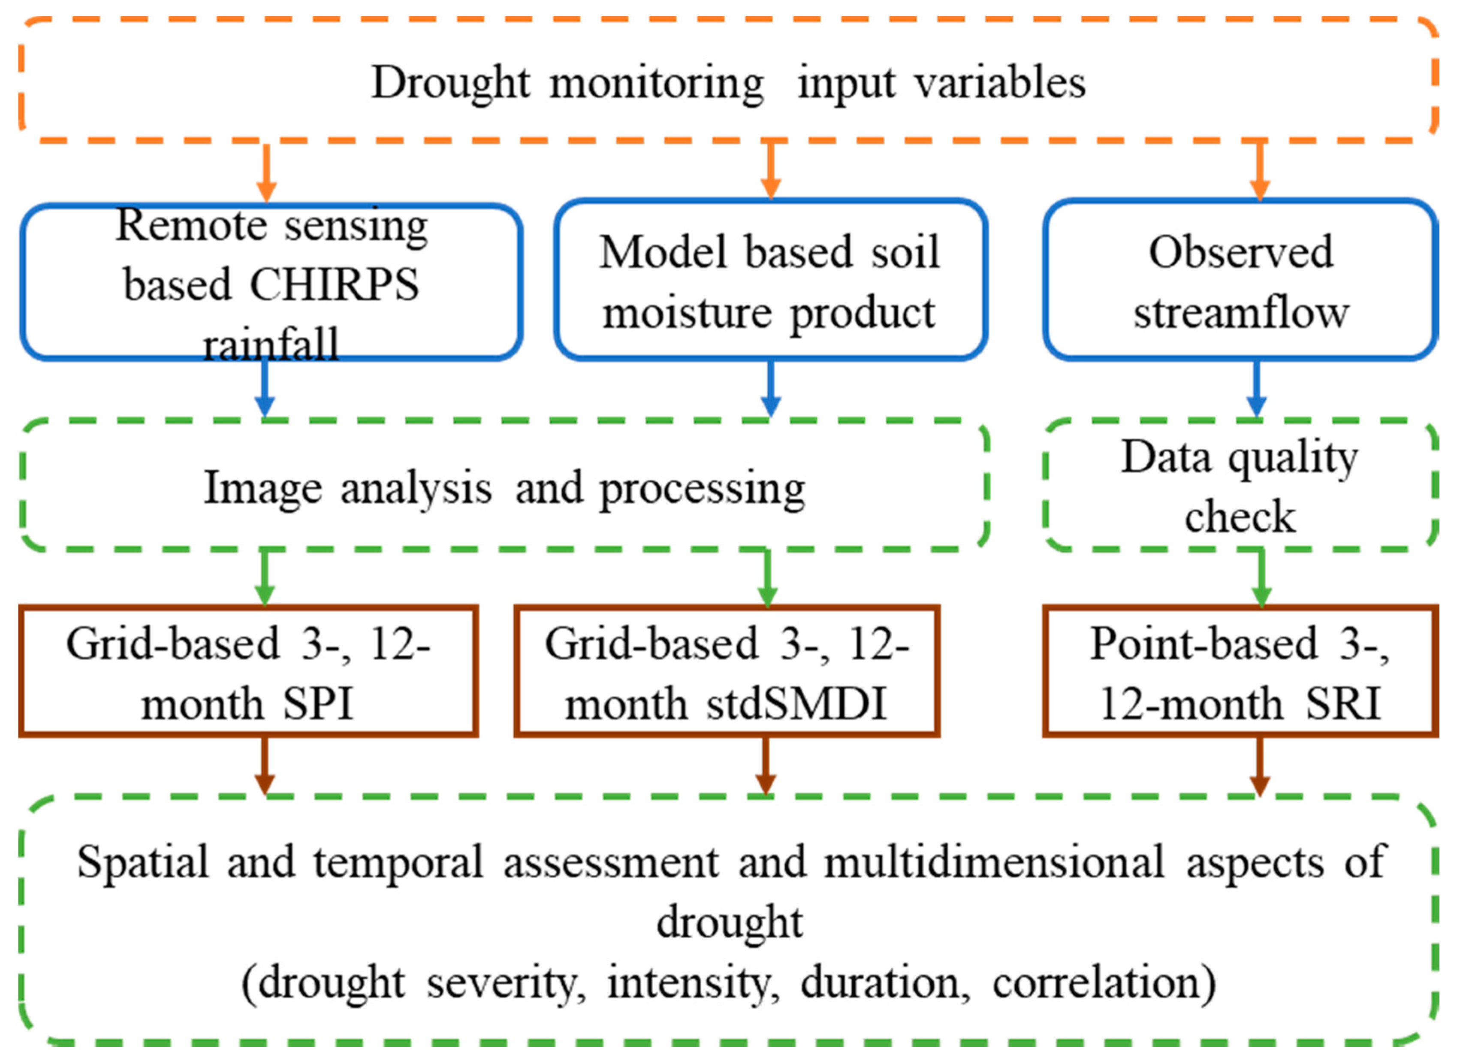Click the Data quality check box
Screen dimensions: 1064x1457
click(x=1240, y=486)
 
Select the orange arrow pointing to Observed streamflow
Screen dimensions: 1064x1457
click(x=1260, y=171)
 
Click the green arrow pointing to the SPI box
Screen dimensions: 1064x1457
click(x=265, y=577)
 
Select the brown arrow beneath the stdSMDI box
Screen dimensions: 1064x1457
click(x=765, y=766)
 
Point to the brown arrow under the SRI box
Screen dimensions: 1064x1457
click(x=1260, y=766)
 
